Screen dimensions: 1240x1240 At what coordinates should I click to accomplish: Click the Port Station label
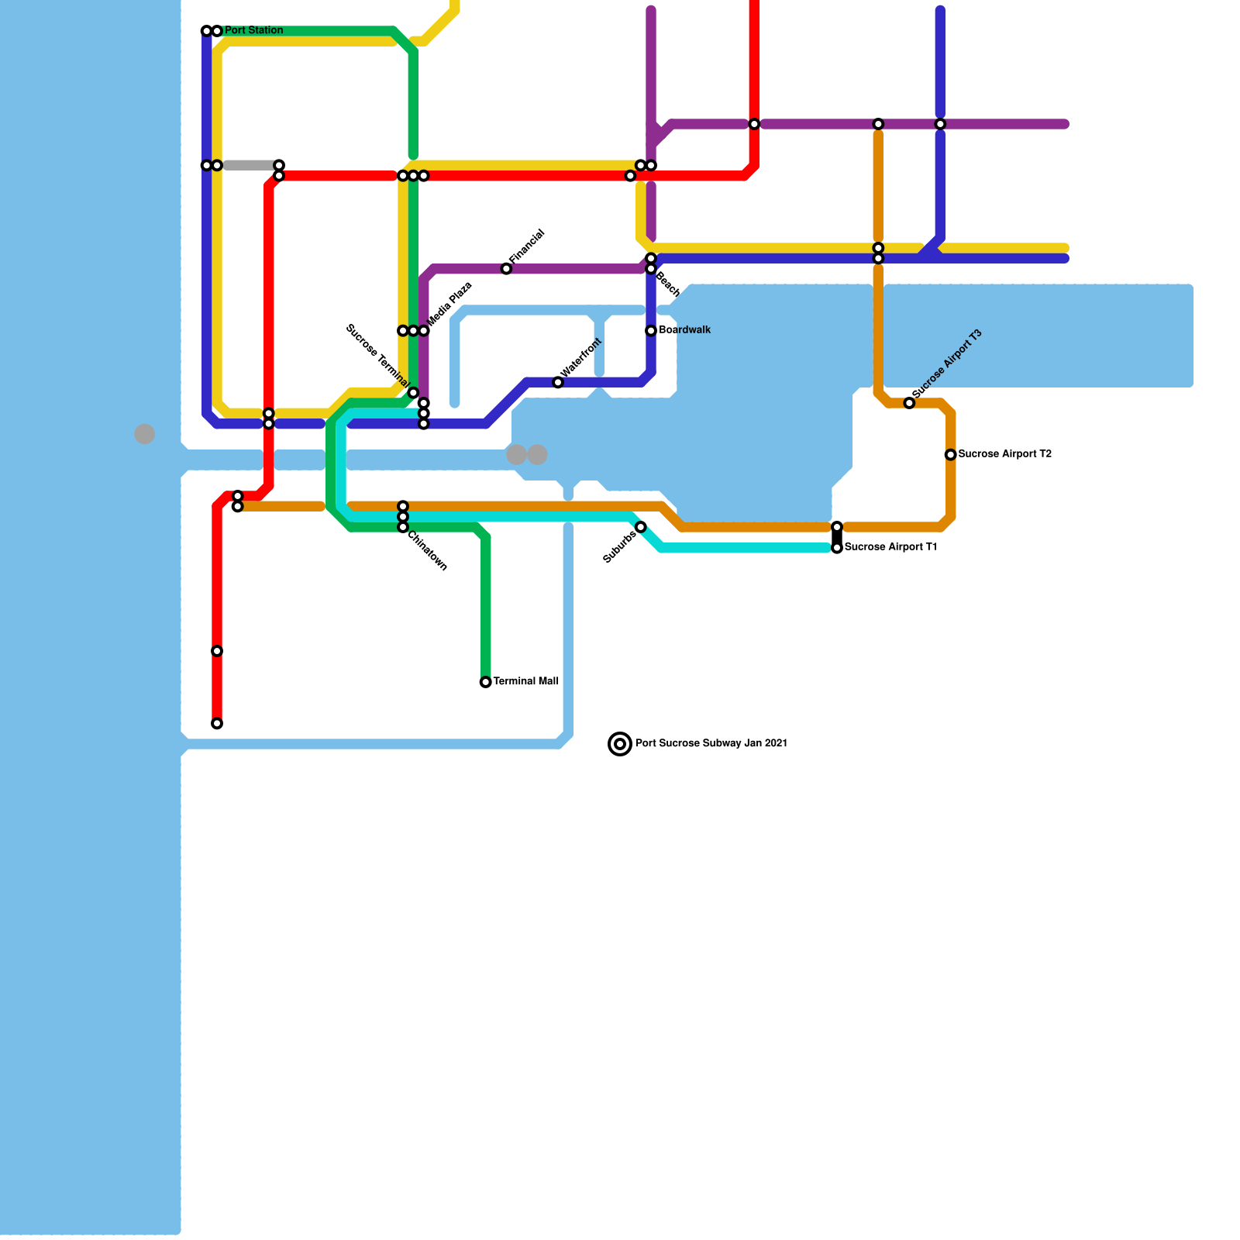253,31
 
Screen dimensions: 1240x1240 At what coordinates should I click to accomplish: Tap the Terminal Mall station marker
485,682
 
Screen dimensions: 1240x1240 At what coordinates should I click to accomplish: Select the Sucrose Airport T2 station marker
950,455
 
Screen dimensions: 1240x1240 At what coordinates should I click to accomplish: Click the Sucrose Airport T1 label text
890,547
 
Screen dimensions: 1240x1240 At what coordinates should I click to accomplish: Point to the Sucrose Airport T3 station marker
909,403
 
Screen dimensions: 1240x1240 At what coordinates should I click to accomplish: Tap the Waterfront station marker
558,383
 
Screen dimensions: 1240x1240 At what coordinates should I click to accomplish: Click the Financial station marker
506,269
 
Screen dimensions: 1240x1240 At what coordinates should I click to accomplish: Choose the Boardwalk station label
684,330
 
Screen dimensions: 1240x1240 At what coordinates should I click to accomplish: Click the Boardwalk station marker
651,331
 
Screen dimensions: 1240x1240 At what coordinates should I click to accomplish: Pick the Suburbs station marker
641,527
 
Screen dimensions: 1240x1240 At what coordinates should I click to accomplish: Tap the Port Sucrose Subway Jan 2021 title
711,743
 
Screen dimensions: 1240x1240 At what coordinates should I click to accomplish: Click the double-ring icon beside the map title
620,744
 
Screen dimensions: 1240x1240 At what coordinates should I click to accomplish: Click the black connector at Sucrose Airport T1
837,537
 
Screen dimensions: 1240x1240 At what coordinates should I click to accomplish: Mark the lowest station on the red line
217,724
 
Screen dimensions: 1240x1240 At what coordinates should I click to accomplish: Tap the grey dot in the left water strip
145,434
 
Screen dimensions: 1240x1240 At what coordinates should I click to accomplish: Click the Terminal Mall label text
525,682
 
